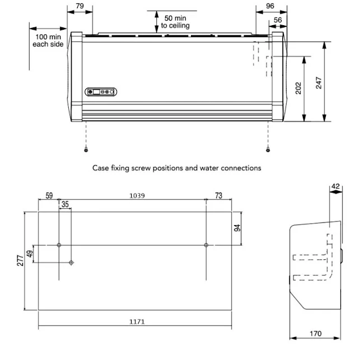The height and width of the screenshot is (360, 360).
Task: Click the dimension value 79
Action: [80, 6]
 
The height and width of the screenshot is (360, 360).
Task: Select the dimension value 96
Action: [270, 6]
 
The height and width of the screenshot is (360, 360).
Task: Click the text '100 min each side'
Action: [49, 41]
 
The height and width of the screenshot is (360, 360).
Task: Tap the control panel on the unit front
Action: [100, 92]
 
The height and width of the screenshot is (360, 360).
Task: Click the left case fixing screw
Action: [86, 149]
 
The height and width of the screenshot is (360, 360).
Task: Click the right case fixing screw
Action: [268, 149]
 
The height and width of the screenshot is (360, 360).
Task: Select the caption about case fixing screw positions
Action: [176, 167]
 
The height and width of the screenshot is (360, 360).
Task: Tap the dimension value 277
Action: [21, 260]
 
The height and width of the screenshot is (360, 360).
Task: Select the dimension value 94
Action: [237, 228]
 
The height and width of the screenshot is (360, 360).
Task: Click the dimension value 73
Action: [218, 195]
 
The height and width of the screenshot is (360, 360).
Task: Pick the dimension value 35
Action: [65, 205]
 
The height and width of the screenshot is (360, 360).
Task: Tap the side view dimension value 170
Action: [315, 334]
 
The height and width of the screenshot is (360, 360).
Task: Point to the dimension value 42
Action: [336, 186]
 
